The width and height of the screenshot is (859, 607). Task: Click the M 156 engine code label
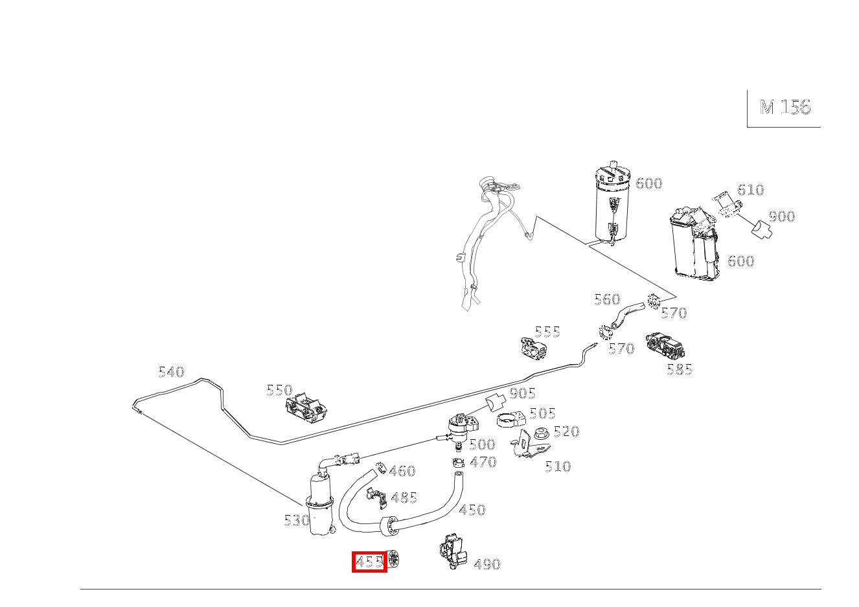tap(785, 108)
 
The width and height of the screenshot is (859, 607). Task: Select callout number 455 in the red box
tap(369, 562)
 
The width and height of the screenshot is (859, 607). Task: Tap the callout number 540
tap(172, 372)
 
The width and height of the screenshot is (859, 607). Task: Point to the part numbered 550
tap(306, 408)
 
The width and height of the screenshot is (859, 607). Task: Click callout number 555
tap(547, 331)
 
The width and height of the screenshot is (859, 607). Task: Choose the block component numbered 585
tap(665, 347)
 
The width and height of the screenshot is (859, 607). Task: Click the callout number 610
tap(750, 189)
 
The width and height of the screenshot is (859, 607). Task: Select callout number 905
tap(522, 393)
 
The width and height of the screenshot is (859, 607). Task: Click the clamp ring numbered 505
tap(511, 420)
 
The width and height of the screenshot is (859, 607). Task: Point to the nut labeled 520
tap(541, 433)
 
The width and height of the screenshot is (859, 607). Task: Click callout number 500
tap(483, 444)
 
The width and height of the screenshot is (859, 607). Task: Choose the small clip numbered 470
tap(458, 463)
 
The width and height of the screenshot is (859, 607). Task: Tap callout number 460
tap(402, 470)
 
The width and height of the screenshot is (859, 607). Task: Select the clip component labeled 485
tap(376, 498)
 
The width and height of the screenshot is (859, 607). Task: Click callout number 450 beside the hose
tap(472, 510)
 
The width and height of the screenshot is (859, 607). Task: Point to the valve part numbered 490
tap(453, 552)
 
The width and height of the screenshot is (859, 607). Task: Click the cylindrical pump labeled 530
tap(320, 505)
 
